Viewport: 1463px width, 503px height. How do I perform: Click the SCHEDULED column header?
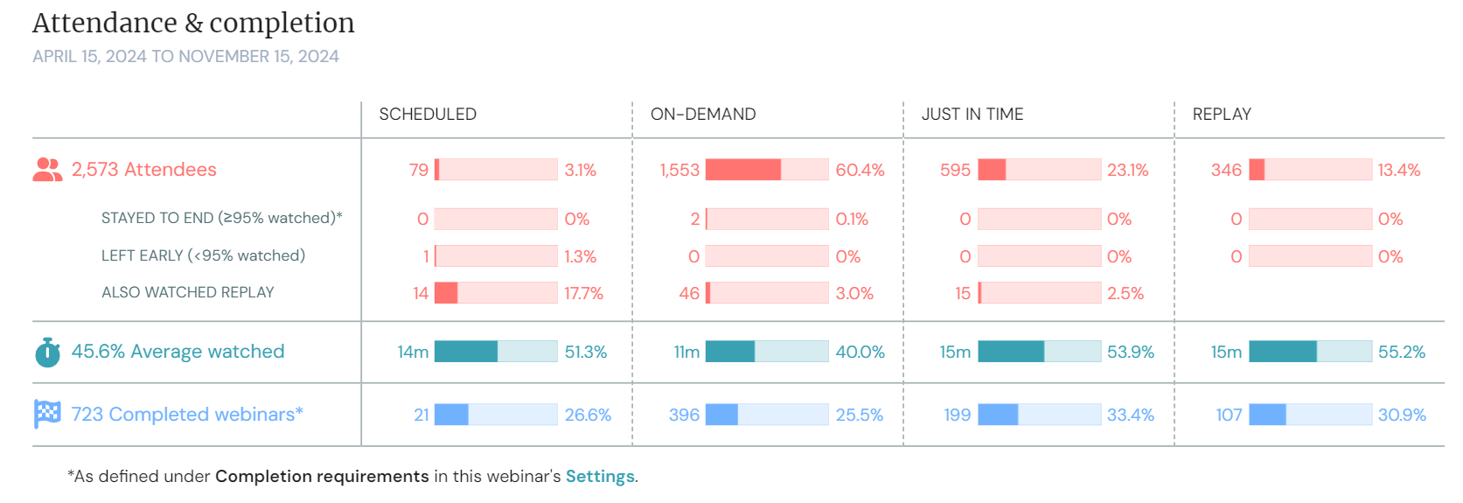428,115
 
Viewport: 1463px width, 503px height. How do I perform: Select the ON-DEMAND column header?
703,115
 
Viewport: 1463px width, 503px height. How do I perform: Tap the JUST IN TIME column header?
972,115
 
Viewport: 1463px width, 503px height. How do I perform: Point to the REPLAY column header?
1222,115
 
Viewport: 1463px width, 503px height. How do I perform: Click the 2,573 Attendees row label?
144,170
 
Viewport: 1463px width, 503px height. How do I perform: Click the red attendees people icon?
47,170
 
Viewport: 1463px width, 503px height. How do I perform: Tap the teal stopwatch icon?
47,352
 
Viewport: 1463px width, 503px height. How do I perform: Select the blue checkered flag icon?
47,414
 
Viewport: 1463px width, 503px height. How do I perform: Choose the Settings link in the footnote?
600,477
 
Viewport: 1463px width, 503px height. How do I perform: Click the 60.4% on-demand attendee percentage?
860,171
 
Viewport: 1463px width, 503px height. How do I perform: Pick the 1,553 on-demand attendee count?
679,171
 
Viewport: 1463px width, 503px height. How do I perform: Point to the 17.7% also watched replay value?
583,294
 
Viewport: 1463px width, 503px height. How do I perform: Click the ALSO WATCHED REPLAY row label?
188,293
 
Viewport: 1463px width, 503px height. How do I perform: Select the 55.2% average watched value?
1402,353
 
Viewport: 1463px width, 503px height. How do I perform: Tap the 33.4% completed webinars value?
1131,416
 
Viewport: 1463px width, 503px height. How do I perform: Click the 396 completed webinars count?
684,416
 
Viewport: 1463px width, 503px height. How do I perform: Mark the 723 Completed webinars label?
187,415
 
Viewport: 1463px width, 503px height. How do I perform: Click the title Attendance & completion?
193,24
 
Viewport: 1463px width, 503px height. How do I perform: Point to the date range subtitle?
185,57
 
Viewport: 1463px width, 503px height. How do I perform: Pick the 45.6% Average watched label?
178,352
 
